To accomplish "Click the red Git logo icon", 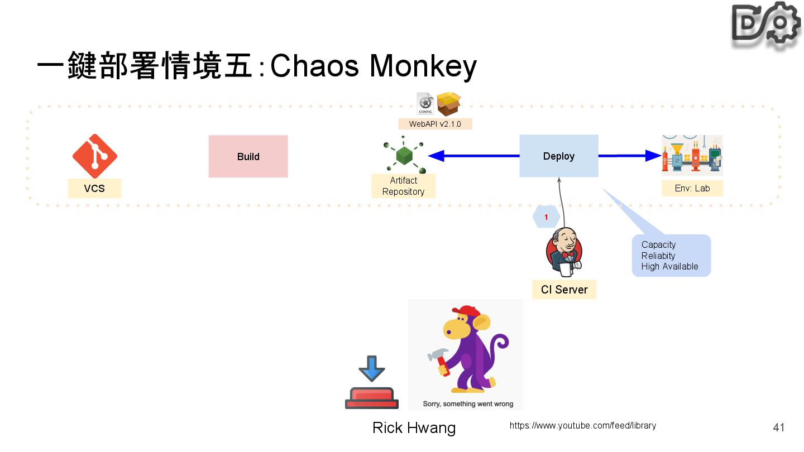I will click(94, 156).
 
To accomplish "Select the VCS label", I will click(94, 189).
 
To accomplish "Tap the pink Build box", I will click(248, 156).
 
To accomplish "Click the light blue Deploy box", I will click(558, 156).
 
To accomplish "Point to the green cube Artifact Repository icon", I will click(404, 156).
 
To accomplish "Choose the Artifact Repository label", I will click(403, 186).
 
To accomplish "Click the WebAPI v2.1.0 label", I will click(435, 124).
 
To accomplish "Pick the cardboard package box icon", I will click(448, 103).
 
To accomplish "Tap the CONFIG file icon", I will click(425, 103).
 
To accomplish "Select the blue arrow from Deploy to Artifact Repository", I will click(475, 156).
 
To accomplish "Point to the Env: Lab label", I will click(692, 189).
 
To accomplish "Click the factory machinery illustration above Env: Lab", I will click(692, 155).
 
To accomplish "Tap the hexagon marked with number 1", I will click(546, 217).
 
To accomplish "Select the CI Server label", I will click(564, 290).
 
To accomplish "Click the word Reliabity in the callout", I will click(658, 256).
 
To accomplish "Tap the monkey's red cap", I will click(465, 311).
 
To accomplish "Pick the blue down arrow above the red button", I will click(372, 369).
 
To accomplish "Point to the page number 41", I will click(779, 427).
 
